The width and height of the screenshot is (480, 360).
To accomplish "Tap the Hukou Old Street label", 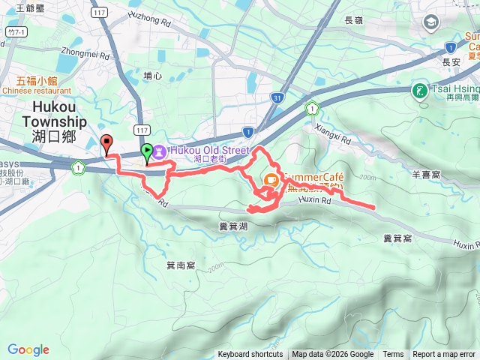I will [209, 150].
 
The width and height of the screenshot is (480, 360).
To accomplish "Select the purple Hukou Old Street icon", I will [160, 151].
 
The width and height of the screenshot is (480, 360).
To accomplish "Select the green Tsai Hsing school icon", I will [418, 91].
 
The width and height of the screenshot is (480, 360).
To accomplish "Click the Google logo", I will [28, 349].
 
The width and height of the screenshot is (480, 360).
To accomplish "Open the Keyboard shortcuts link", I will [250, 355].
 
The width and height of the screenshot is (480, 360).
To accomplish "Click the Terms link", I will [393, 355].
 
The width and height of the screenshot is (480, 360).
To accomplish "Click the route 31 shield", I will [278, 97].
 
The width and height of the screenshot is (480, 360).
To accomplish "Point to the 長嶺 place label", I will [355, 20].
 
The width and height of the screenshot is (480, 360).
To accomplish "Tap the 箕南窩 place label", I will [181, 265].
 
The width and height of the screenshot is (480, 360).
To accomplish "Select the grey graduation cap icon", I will [431, 22].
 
